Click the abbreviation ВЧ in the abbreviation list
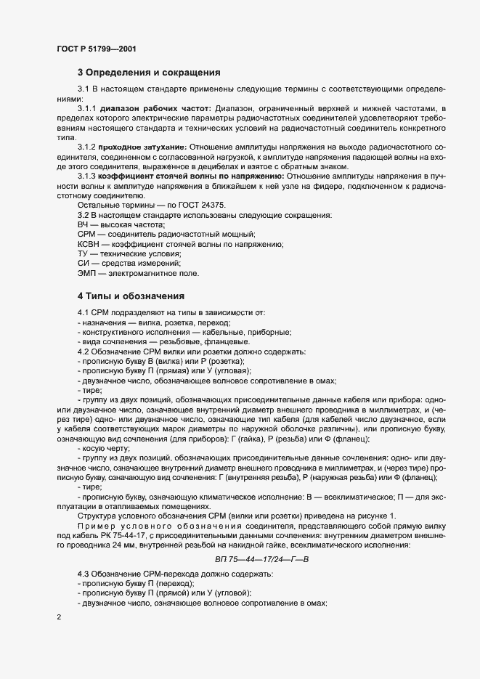point(84,225)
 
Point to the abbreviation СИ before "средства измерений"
point(83,264)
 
